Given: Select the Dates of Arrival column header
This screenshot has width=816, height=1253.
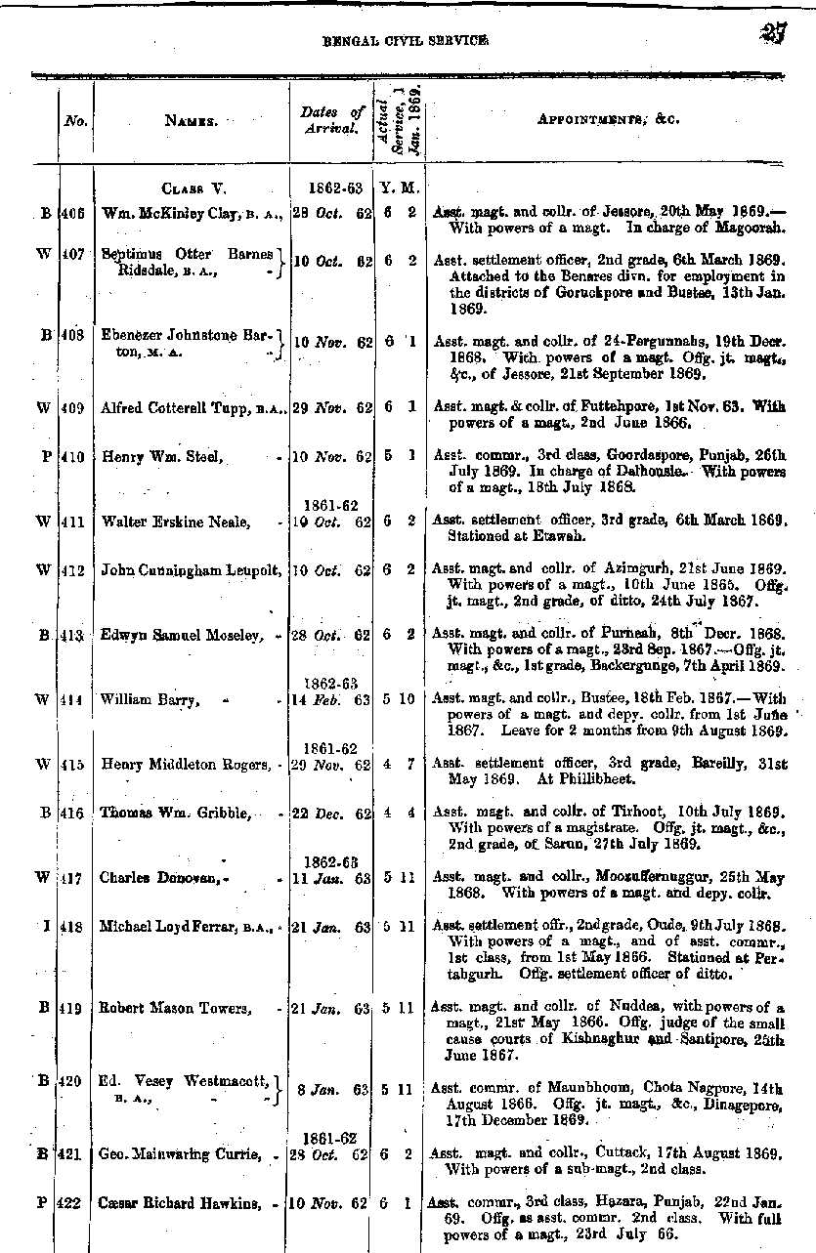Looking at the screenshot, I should pyautogui.click(x=330, y=119).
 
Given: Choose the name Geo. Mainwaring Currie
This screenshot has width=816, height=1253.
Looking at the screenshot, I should pyautogui.click(x=179, y=1155).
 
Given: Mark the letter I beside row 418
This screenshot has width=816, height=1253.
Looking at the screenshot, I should pyautogui.click(x=46, y=924).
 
